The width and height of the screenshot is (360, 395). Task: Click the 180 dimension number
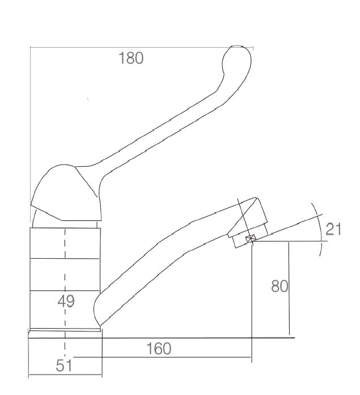point(131,58)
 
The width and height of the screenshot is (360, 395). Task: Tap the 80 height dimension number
point(279,286)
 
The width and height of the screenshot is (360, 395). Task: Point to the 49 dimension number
point(66,301)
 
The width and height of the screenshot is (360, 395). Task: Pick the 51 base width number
point(63,366)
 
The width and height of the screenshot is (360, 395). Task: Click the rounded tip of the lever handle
point(237,57)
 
